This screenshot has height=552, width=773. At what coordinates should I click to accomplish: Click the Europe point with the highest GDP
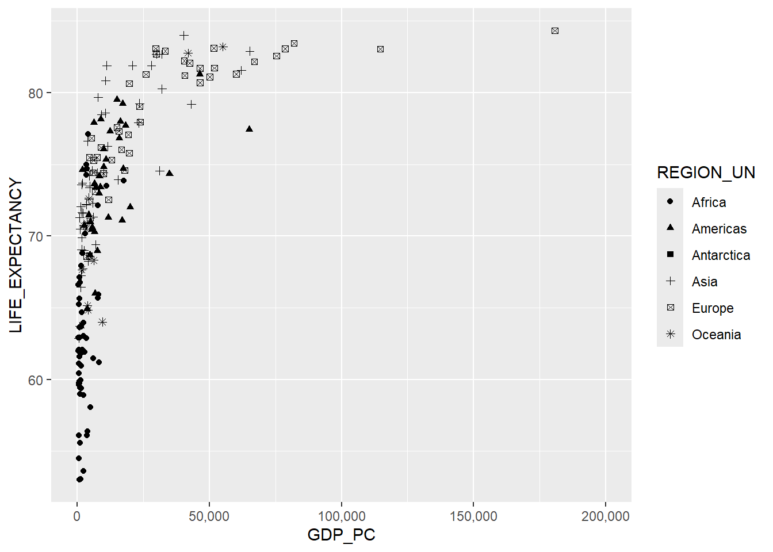click(555, 31)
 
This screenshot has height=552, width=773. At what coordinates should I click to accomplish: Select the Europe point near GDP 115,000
click(380, 49)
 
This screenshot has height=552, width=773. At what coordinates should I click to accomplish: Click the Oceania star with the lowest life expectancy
click(102, 322)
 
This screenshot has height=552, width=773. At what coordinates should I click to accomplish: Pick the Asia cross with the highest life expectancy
click(184, 36)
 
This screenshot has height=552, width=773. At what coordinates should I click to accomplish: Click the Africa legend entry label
click(709, 202)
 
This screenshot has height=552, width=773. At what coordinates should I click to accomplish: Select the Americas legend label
click(719, 229)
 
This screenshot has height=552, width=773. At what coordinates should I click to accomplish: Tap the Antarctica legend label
click(721, 255)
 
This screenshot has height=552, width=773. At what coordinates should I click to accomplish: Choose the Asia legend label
click(705, 282)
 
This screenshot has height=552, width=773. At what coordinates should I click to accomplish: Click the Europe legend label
click(713, 308)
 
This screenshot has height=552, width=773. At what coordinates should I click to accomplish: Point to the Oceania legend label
click(716, 335)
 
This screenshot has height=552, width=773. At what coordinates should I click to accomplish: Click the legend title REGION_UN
click(706, 172)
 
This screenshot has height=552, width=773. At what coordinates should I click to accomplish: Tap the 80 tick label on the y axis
click(36, 93)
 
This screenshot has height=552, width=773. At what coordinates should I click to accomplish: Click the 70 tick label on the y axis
click(36, 236)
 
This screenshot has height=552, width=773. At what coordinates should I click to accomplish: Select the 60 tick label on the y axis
click(36, 380)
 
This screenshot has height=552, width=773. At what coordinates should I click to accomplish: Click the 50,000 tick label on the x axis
click(209, 516)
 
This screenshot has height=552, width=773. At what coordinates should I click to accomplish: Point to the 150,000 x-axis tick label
click(473, 516)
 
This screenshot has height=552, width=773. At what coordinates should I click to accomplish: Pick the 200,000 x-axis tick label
click(605, 516)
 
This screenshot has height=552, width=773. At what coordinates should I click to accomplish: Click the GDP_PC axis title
click(341, 535)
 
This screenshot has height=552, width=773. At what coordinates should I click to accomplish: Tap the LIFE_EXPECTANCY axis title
click(16, 255)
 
